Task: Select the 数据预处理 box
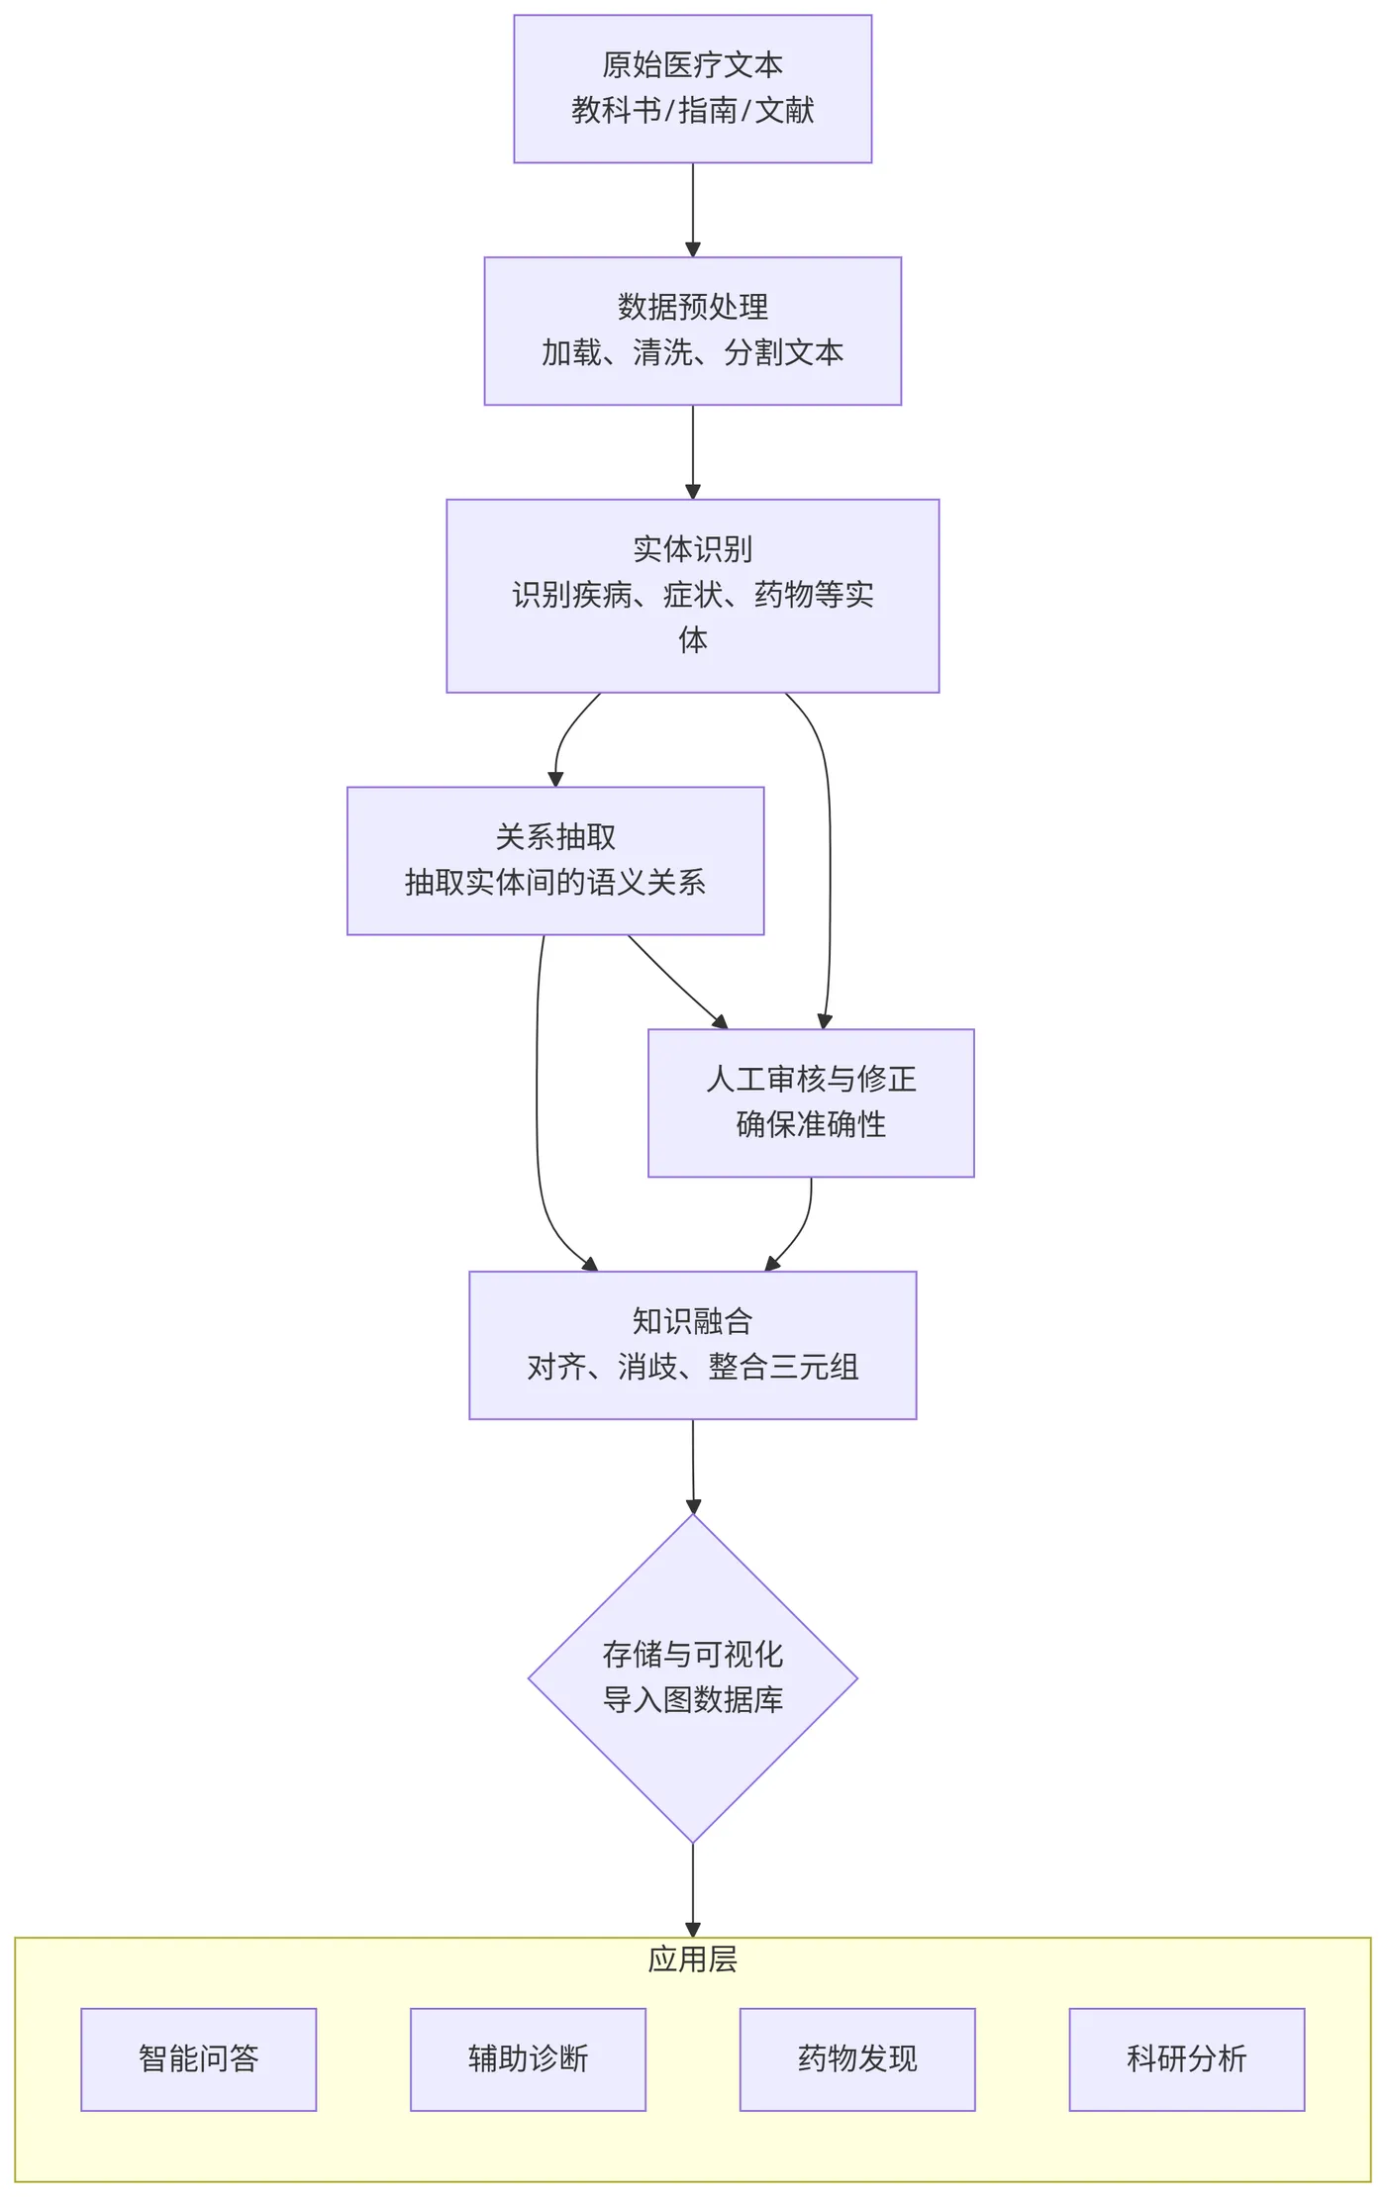point(692,330)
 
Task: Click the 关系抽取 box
point(554,859)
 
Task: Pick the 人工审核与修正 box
point(810,1101)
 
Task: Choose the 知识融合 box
point(692,1344)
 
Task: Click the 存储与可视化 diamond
point(692,1676)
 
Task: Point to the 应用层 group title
point(692,1958)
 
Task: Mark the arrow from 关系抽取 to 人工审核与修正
point(678,983)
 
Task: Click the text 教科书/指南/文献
point(692,110)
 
